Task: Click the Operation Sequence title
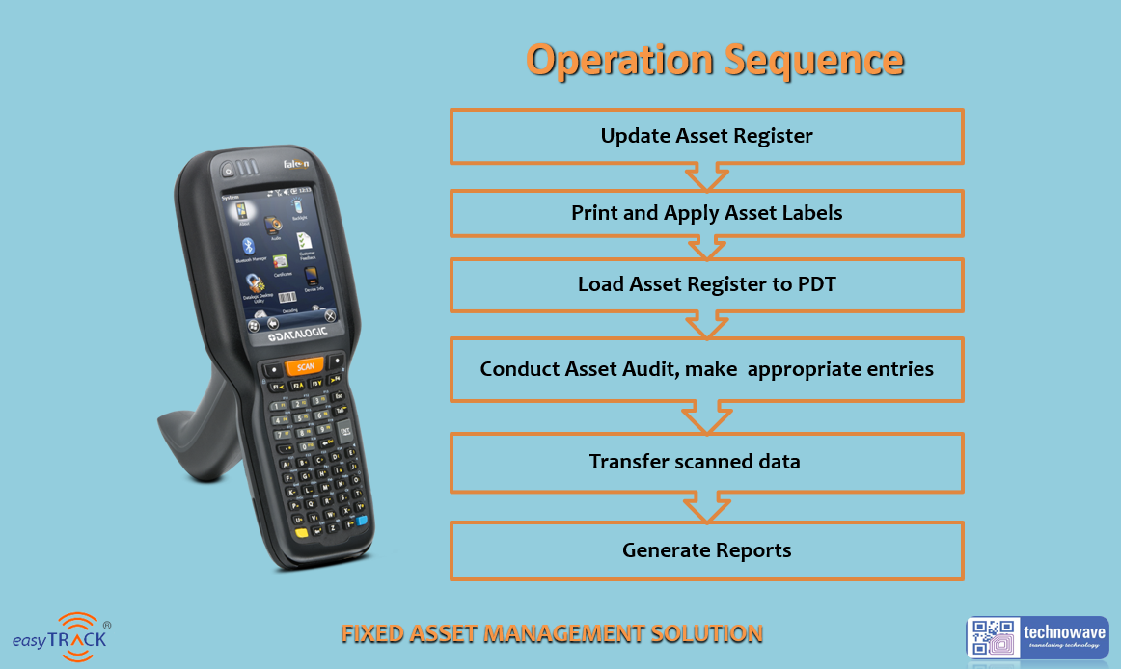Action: (x=715, y=60)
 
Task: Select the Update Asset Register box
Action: (x=706, y=136)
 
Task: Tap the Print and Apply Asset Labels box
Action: (x=706, y=213)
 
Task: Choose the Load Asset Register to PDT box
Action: (x=706, y=284)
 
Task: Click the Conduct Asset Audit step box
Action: (x=706, y=369)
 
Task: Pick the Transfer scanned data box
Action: (x=706, y=462)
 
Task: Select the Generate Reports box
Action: (x=706, y=550)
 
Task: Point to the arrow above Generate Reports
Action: (x=706, y=507)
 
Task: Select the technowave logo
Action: (x=1037, y=637)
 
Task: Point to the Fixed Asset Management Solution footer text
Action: (x=552, y=634)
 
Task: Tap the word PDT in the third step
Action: (x=813, y=284)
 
